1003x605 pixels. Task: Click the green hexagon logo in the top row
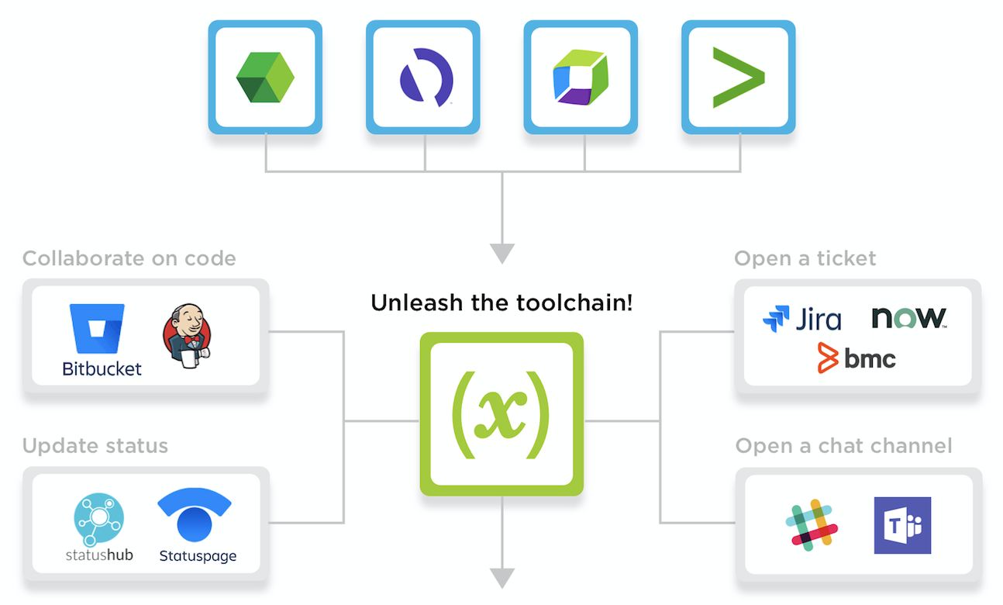point(265,77)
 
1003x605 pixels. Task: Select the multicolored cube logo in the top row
point(581,78)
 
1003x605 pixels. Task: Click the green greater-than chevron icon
point(739,77)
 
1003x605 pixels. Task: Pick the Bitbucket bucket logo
point(97,329)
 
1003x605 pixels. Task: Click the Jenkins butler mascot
point(187,336)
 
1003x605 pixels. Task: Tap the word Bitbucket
point(102,369)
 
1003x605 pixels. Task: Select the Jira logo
point(802,319)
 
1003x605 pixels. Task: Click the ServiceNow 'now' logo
point(909,318)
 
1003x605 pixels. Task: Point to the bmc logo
point(857,358)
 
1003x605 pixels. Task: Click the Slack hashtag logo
point(812,525)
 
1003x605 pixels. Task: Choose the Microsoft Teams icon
point(902,525)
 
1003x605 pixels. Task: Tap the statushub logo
point(99,527)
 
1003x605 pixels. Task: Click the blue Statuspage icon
point(195,514)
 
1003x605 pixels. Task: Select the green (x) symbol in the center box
point(502,415)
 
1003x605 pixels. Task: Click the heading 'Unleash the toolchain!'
point(502,302)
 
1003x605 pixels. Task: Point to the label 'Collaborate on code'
point(129,258)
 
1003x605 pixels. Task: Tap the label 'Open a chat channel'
point(843,446)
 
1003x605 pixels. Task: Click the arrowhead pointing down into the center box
point(502,254)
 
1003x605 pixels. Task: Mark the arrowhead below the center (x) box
point(502,578)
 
